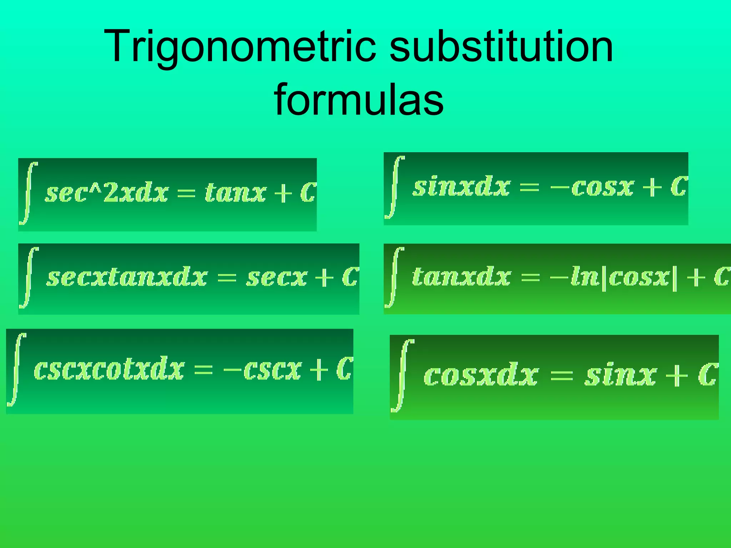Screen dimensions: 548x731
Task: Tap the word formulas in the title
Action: click(x=359, y=100)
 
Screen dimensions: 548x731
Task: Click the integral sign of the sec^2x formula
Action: click(x=29, y=193)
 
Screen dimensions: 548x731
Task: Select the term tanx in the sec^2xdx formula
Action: click(x=235, y=193)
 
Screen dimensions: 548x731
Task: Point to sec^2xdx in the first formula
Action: click(x=106, y=193)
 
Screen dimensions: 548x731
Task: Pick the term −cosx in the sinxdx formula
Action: click(x=592, y=187)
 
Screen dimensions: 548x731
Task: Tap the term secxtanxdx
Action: click(x=127, y=278)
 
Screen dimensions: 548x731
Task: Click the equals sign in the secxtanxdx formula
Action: click(x=227, y=278)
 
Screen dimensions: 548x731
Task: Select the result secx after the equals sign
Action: click(x=277, y=278)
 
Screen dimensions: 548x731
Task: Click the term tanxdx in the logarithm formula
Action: click(x=461, y=277)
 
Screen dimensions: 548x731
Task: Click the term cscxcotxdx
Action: click(x=109, y=369)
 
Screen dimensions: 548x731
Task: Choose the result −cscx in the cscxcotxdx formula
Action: click(x=262, y=370)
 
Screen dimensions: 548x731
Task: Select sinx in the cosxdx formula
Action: click(x=620, y=375)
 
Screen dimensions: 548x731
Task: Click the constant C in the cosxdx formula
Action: click(x=708, y=375)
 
